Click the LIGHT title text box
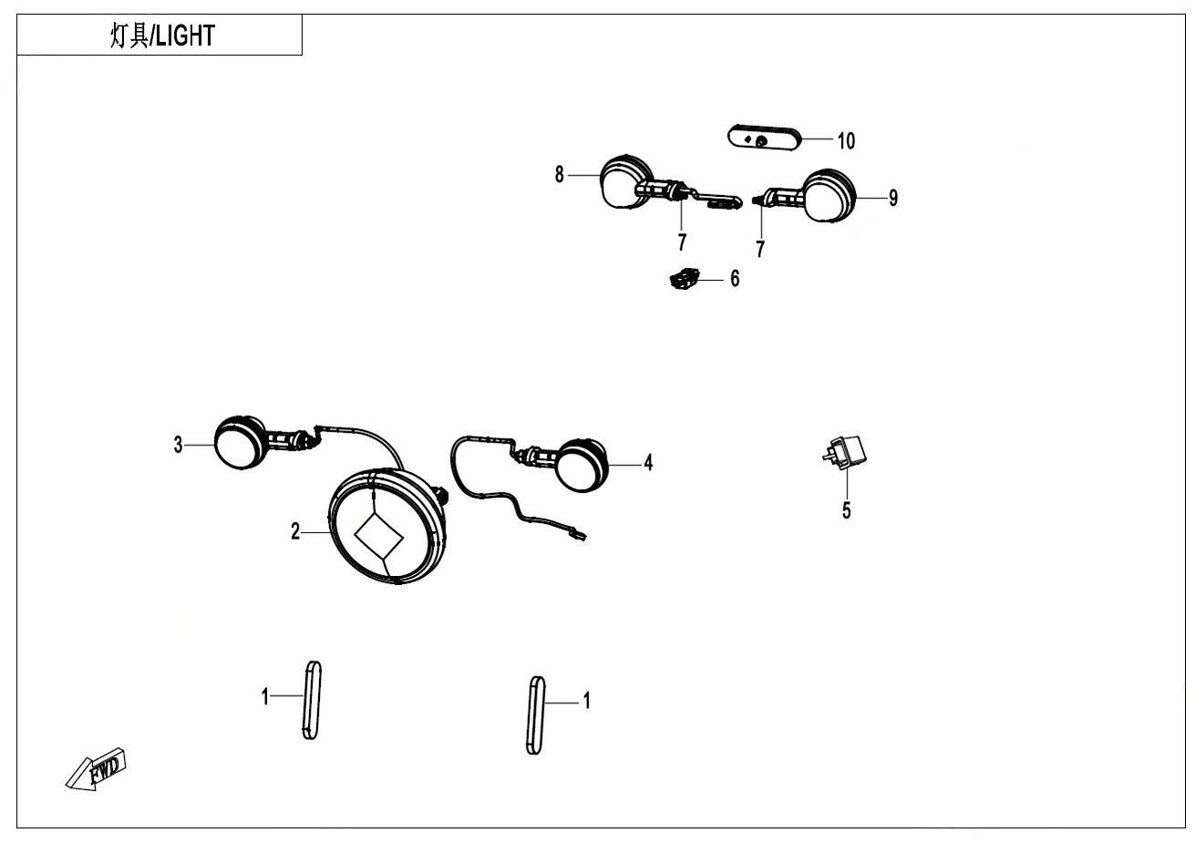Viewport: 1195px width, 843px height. (160, 36)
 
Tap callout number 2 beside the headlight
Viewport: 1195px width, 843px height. (295, 531)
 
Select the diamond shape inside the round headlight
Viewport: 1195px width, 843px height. (377, 535)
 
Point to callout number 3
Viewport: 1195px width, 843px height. (179, 445)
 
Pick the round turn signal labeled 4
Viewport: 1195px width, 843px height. (581, 464)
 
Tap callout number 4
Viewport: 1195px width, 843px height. (648, 463)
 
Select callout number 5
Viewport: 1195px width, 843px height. (846, 510)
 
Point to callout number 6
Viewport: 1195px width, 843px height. (735, 278)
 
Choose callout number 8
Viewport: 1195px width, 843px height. (560, 174)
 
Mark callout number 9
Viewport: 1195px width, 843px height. (893, 197)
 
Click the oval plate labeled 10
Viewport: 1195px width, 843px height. (764, 139)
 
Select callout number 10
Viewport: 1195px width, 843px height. (846, 140)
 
